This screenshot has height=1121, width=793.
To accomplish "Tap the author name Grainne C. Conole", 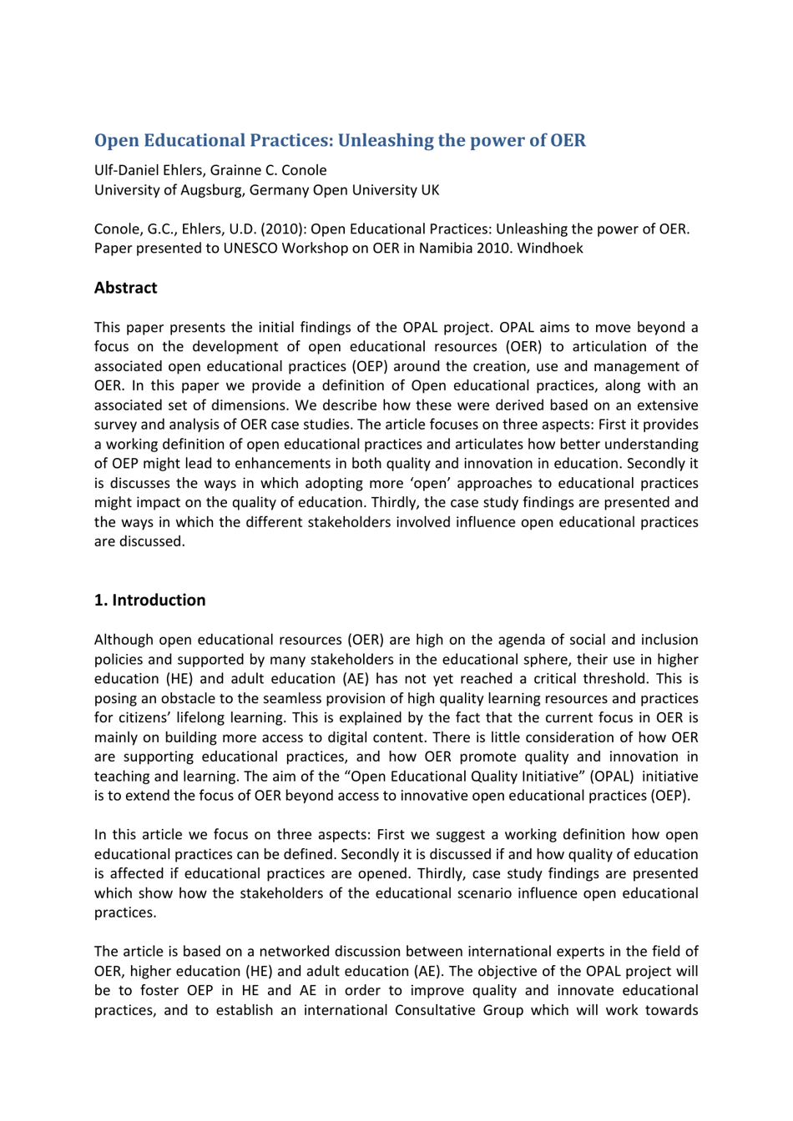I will [269, 170].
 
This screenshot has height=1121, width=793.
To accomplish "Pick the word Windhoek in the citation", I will [550, 248].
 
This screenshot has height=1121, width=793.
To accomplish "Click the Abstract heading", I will [125, 288].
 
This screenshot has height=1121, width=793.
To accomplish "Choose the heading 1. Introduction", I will [149, 601].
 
